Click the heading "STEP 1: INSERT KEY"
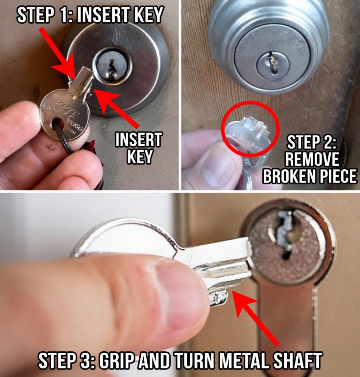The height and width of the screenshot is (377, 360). coord(90,15)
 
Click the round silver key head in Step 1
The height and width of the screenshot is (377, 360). coord(64,114)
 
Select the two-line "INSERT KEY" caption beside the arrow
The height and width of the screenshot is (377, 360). coord(139,148)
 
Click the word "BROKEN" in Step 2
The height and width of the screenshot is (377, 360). coord(289,176)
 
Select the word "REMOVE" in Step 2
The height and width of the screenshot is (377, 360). coord(312,159)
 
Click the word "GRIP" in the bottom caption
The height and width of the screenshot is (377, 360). coord(116,360)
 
